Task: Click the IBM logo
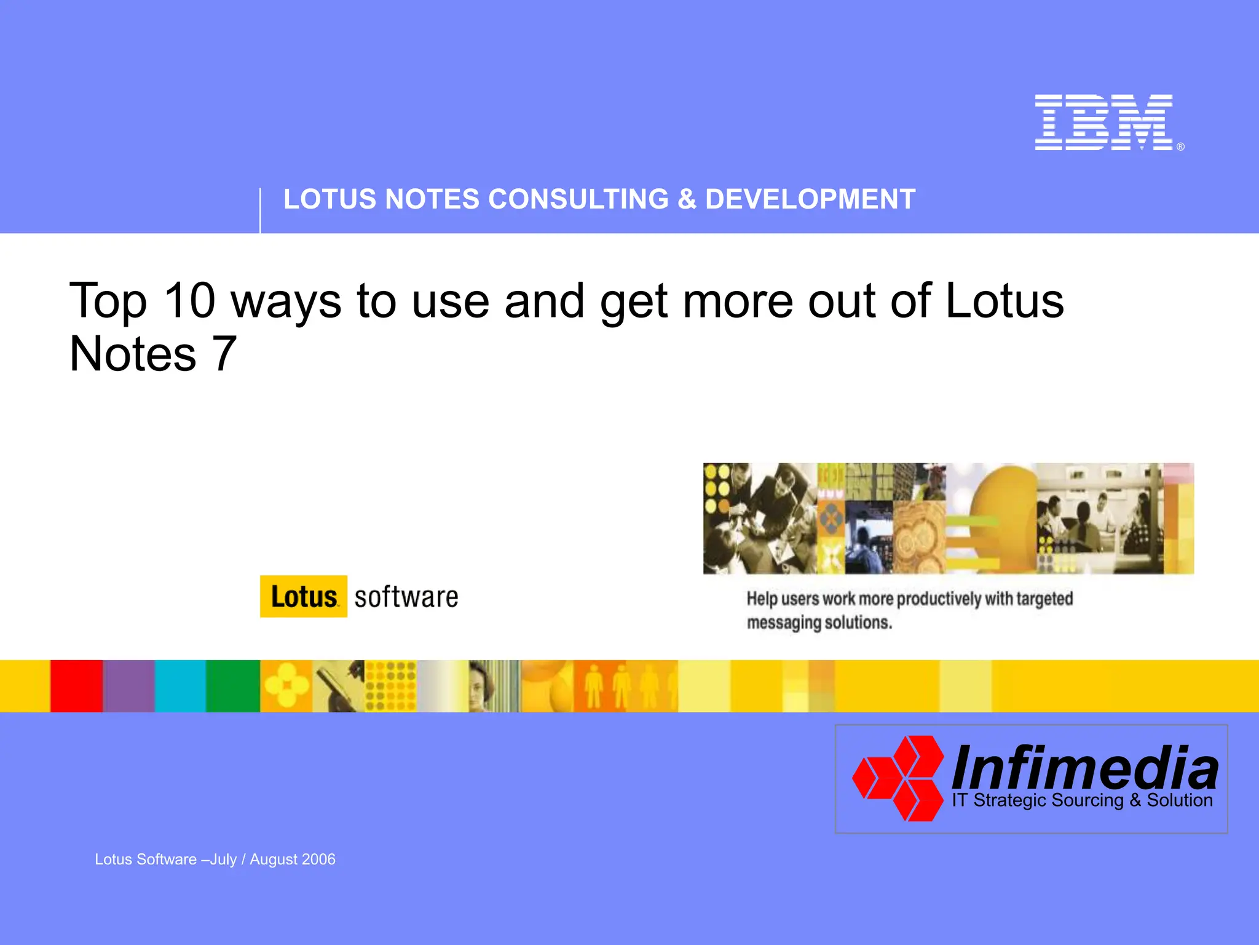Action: point(1104,122)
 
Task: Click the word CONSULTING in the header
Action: point(578,199)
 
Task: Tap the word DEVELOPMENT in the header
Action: point(810,199)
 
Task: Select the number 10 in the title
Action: point(189,301)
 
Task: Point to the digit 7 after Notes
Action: point(224,354)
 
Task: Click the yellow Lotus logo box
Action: point(304,596)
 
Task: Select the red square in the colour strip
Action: point(76,686)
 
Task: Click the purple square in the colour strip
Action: point(129,686)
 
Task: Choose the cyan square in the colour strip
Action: point(180,686)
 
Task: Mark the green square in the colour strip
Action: point(232,686)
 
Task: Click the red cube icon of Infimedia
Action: point(899,778)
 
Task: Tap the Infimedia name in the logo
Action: point(1084,768)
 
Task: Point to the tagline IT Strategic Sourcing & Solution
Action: point(1082,800)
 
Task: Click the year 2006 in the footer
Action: point(319,859)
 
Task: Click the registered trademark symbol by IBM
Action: point(1180,147)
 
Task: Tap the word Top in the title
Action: point(108,301)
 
